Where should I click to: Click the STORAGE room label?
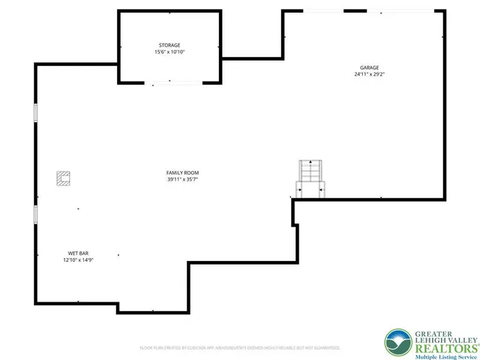[168, 46]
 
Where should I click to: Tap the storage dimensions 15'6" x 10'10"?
[168, 52]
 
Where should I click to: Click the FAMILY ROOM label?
[182, 173]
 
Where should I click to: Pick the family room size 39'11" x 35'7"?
[182, 180]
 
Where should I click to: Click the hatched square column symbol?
[63, 178]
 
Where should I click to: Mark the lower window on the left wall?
[35, 214]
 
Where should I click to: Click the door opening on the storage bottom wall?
[169, 82]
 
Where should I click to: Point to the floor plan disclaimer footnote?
[240, 348]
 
